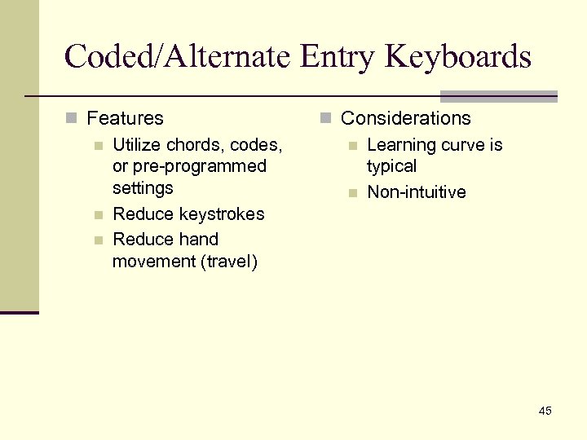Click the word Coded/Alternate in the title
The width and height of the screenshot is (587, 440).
coord(177,57)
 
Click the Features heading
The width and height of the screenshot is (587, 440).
coord(125,118)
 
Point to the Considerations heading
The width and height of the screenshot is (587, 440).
coord(405,118)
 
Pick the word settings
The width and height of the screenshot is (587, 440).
coord(143,187)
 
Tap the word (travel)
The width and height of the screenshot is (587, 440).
coord(228,262)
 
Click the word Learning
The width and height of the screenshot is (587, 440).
coord(401,145)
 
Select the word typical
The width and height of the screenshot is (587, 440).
coord(391,166)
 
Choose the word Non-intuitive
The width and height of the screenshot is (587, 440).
coord(416,192)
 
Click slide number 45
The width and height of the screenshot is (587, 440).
coord(545,411)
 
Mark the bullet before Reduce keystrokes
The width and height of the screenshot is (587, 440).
coord(99,215)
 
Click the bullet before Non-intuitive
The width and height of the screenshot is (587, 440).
coord(353,193)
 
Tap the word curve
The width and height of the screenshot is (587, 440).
coord(464,145)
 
